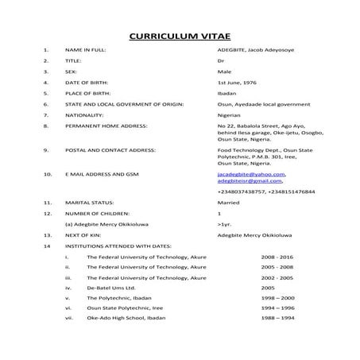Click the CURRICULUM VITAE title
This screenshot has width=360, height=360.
(179, 37)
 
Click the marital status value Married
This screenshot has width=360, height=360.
(229, 203)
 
